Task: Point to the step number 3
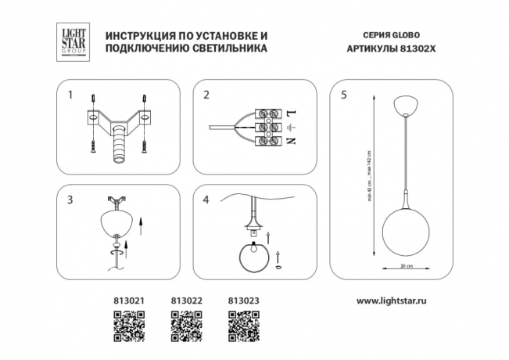(70, 200)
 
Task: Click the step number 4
(206, 200)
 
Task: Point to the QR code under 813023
(242, 325)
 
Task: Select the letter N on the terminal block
(291, 141)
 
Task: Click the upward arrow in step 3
(140, 227)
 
